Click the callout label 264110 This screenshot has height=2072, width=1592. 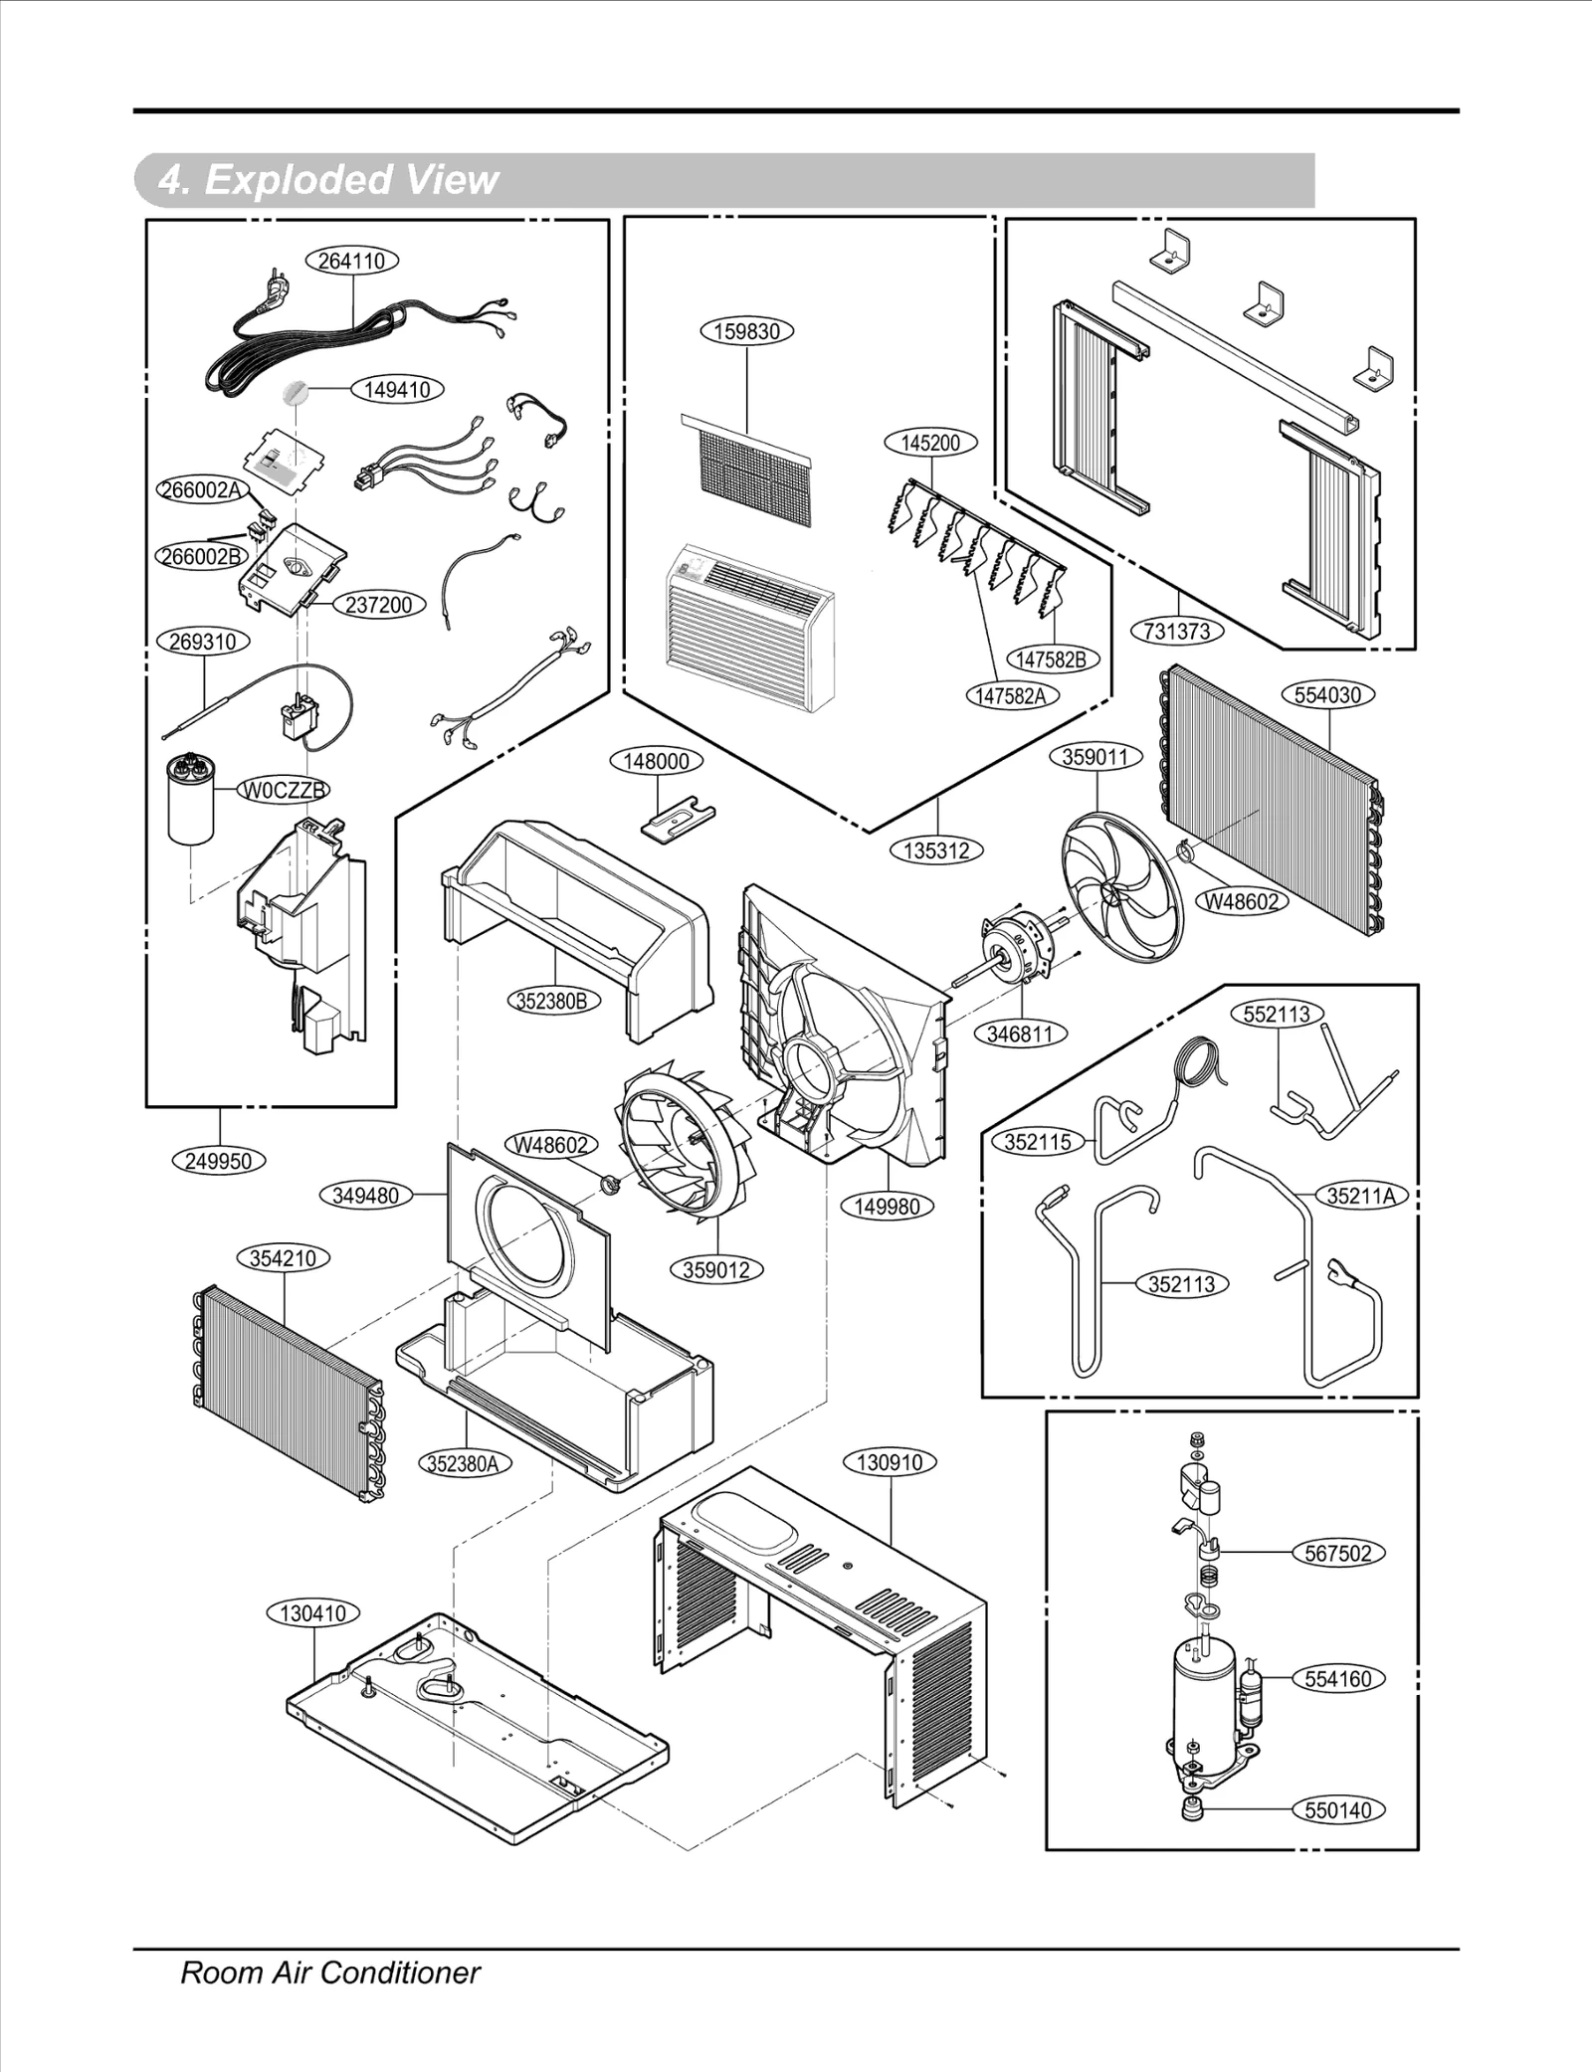coord(352,262)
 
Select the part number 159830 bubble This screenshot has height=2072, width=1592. coord(747,331)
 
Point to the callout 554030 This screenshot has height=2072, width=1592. coord(1328,695)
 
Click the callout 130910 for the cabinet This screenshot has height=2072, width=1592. coord(890,1463)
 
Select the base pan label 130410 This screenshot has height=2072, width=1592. coord(313,1613)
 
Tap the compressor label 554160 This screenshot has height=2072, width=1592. coord(1337,1679)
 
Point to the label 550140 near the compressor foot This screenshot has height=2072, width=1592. coord(1337,1810)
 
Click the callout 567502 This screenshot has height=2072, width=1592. coord(1337,1554)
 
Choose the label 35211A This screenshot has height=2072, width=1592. coord(1361,1197)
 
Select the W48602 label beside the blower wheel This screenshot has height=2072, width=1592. coord(550,1145)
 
